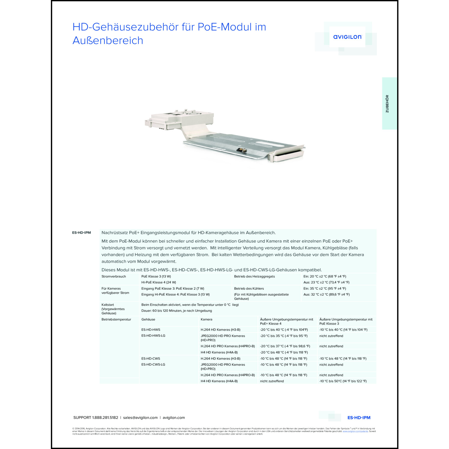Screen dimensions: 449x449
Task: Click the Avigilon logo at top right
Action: click(347, 37)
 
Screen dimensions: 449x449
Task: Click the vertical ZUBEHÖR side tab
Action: click(387, 104)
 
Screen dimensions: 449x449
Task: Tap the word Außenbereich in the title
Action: click(108, 40)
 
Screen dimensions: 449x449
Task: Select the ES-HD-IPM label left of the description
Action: click(81, 233)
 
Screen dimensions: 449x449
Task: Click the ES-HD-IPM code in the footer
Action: click(359, 418)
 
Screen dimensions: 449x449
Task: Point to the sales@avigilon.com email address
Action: click(140, 418)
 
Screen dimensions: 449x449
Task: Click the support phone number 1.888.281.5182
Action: click(105, 418)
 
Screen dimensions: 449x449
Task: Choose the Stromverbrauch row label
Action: click(114, 277)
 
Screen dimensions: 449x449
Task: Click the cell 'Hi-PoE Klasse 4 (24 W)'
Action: click(159, 282)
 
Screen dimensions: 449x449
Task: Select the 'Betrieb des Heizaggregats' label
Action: click(254, 277)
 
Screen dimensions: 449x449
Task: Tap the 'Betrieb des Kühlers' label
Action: click(249, 289)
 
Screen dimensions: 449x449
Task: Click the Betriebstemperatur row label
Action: click(116, 319)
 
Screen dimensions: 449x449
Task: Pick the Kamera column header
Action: click(207, 319)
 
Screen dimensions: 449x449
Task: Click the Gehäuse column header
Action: click(148, 319)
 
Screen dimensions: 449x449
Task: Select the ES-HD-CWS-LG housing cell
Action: click(153, 365)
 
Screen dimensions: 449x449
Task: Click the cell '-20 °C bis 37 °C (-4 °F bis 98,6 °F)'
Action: click(285, 346)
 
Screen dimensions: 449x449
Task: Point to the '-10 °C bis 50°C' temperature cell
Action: click(343, 381)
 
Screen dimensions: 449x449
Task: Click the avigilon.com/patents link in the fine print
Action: click(355, 431)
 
